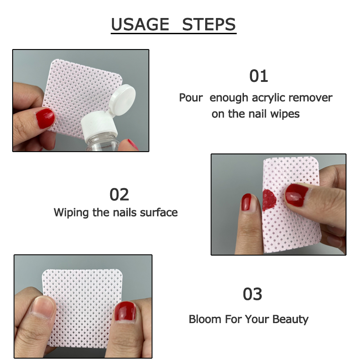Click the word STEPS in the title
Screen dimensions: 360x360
pyautogui.click(x=209, y=24)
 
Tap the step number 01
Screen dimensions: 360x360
pyautogui.click(x=259, y=76)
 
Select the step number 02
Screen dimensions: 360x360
pyautogui.click(x=119, y=194)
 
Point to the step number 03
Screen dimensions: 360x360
pyautogui.click(x=252, y=294)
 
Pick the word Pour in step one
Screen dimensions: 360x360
pyautogui.click(x=191, y=98)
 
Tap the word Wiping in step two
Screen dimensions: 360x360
pyautogui.click(x=72, y=212)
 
